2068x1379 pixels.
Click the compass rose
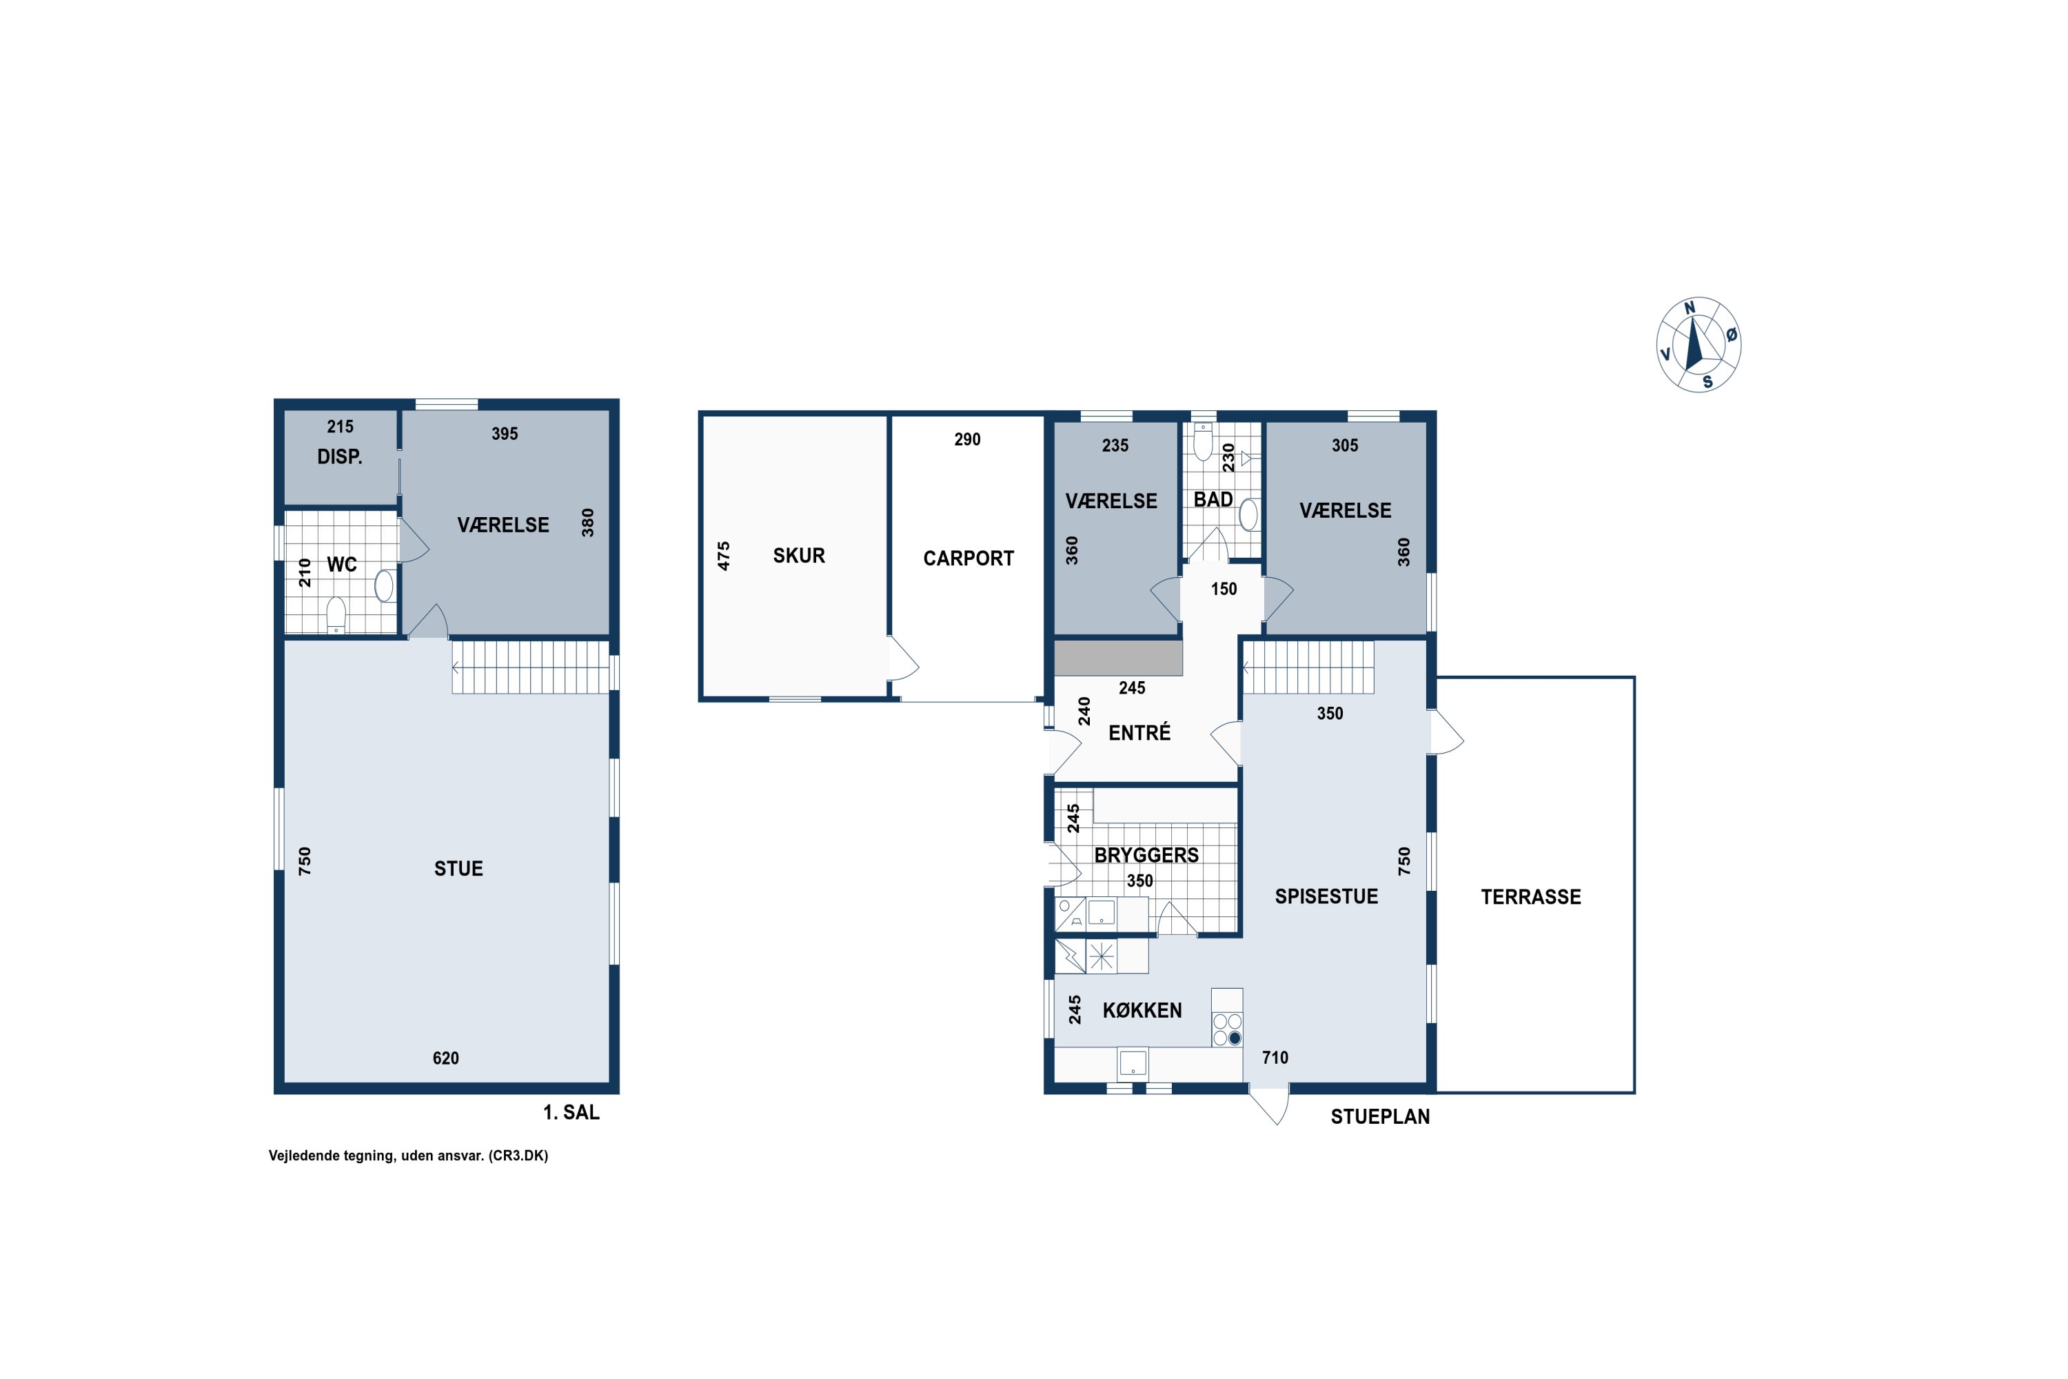(x=1698, y=344)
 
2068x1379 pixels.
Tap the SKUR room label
(x=798, y=556)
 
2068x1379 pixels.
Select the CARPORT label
(x=968, y=558)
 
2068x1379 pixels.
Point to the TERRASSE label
(x=1531, y=897)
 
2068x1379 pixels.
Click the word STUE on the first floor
(x=458, y=869)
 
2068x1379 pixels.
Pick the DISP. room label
(x=339, y=456)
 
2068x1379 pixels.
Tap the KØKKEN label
(x=1142, y=1011)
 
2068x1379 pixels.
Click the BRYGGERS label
(x=1146, y=855)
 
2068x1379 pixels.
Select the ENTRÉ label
(x=1139, y=732)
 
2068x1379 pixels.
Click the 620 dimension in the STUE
(x=446, y=1058)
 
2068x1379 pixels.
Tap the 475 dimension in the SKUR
(x=724, y=556)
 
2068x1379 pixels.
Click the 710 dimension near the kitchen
(x=1275, y=1058)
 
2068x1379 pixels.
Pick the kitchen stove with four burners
(x=1228, y=1029)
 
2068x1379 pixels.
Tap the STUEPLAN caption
(x=1379, y=1117)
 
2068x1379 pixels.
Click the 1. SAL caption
(x=571, y=1113)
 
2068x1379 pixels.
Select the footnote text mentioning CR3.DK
(x=408, y=1156)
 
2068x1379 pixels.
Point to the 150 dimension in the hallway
(x=1224, y=590)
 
